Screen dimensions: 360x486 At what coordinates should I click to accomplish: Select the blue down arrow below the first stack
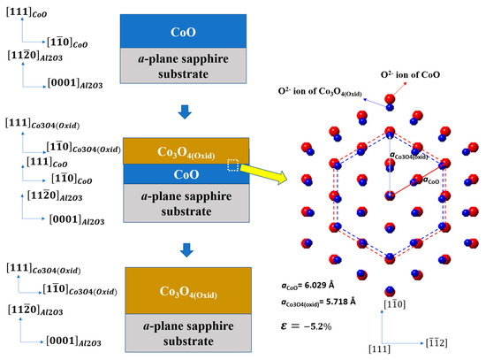point(183,110)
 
